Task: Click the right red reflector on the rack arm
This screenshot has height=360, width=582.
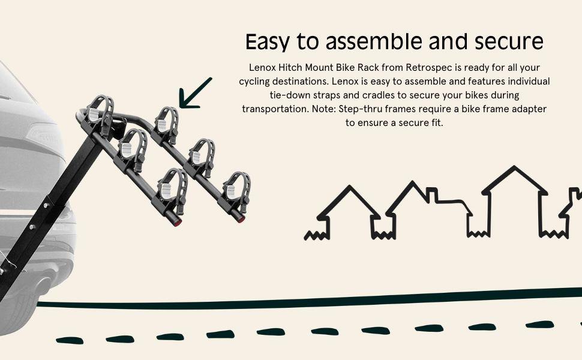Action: [x=241, y=220]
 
